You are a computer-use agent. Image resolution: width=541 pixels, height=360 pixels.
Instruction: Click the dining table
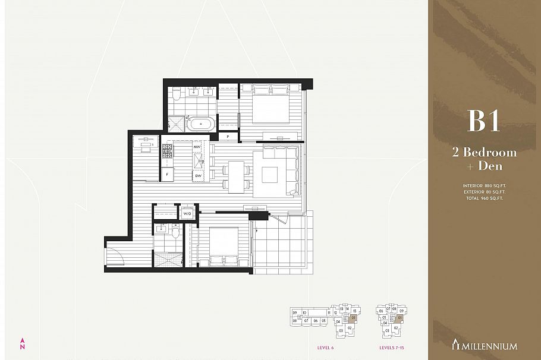pos(237,176)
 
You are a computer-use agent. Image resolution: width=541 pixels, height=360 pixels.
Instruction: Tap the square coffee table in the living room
pos(269,175)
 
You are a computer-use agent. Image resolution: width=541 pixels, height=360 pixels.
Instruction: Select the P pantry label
pos(228,137)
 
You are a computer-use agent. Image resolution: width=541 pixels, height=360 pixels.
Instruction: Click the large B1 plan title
pos(483,121)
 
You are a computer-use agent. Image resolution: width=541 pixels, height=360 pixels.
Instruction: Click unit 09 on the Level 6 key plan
pos(294,312)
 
